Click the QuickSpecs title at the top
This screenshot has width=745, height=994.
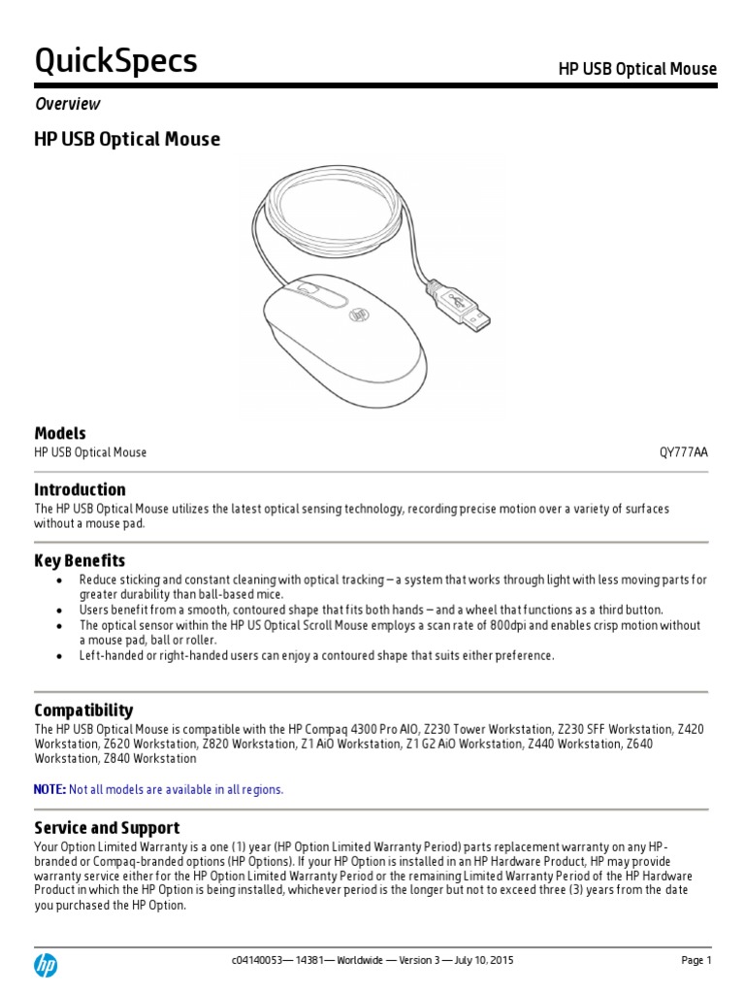115,61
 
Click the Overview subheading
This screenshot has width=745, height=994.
67,104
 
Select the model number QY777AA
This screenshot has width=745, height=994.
685,452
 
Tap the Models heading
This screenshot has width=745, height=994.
60,433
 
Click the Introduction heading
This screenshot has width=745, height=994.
80,489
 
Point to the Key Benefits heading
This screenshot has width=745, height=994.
80,560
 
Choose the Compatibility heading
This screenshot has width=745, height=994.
83,710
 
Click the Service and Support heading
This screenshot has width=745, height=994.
107,827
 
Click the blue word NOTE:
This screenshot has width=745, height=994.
50,789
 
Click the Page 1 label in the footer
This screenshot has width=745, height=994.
696,960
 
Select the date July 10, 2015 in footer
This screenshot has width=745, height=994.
482,960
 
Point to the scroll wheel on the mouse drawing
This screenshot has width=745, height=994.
308,288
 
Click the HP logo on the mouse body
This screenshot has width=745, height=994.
359,315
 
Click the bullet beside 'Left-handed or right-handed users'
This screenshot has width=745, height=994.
60,655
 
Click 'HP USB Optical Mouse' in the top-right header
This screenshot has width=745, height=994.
637,69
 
